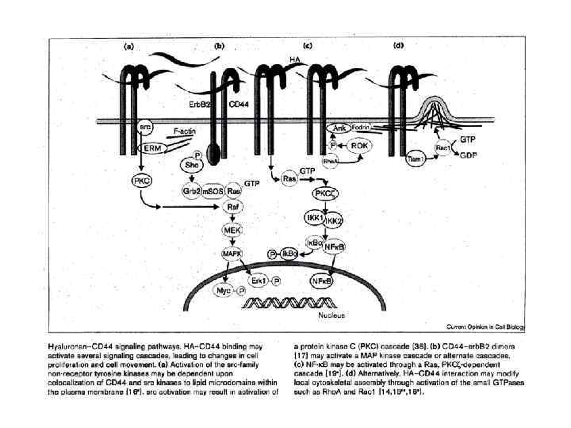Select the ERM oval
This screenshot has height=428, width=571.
[149, 148]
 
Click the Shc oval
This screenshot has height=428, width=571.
[190, 165]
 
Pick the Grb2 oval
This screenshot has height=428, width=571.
[191, 191]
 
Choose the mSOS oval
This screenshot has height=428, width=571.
[213, 191]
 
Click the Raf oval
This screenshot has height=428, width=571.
[233, 207]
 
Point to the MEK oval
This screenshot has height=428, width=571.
[232, 230]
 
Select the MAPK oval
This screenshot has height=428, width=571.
[232, 253]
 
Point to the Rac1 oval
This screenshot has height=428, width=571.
[443, 148]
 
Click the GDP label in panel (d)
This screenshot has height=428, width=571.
[469, 156]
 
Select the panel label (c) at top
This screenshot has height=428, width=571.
[308, 45]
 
